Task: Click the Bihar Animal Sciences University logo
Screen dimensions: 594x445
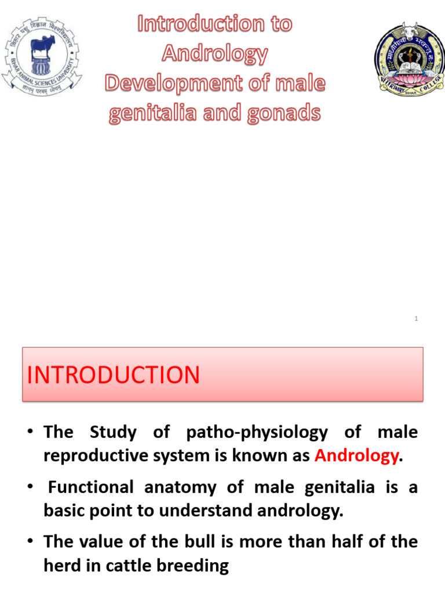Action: pyautogui.click(x=42, y=56)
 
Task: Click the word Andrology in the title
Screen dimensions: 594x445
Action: pyautogui.click(x=214, y=54)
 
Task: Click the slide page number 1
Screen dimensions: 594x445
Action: pyautogui.click(x=417, y=318)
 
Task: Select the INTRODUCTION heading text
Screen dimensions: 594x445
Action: pyautogui.click(x=114, y=375)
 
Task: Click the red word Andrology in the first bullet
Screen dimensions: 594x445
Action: pyautogui.click(x=356, y=456)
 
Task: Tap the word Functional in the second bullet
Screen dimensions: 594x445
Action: pyautogui.click(x=91, y=487)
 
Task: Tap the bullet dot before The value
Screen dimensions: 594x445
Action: pyautogui.click(x=32, y=542)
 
